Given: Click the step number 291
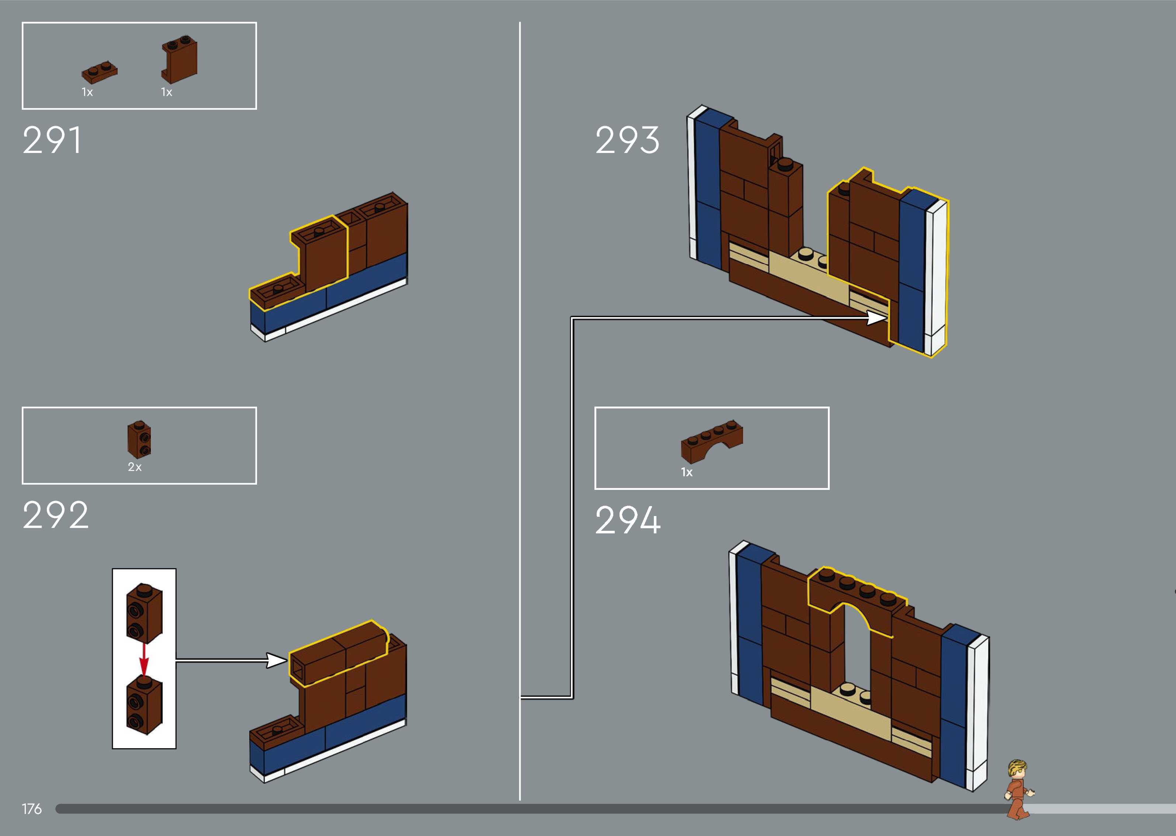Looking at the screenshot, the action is tap(52, 140).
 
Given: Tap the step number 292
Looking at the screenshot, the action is tap(55, 515).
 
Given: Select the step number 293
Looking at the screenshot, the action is tap(627, 140).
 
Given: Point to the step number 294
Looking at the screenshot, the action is tap(628, 520).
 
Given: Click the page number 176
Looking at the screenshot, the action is tap(31, 809).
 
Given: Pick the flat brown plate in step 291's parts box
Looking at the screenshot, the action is tap(99, 73).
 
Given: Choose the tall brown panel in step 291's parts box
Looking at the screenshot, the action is tap(179, 60).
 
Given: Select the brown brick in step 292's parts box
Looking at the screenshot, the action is tap(139, 439).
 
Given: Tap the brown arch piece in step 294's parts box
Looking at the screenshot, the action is tap(712, 442).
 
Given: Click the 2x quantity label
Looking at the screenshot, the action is tap(134, 467).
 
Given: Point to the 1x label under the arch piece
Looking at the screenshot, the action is tap(687, 472).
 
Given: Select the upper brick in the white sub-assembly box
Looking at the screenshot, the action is tap(144, 614).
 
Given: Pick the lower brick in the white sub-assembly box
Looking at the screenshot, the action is tap(144, 705).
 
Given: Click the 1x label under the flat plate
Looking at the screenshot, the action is tap(87, 92).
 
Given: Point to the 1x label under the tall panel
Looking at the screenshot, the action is tap(166, 92).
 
